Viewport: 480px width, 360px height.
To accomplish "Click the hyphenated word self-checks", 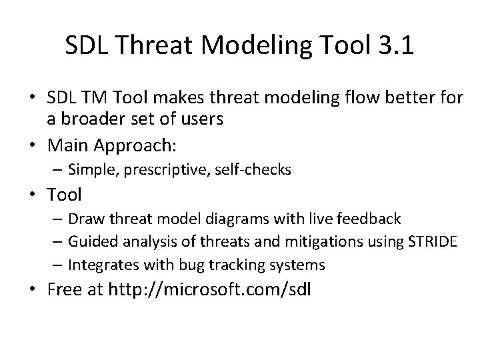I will click(x=254, y=170).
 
